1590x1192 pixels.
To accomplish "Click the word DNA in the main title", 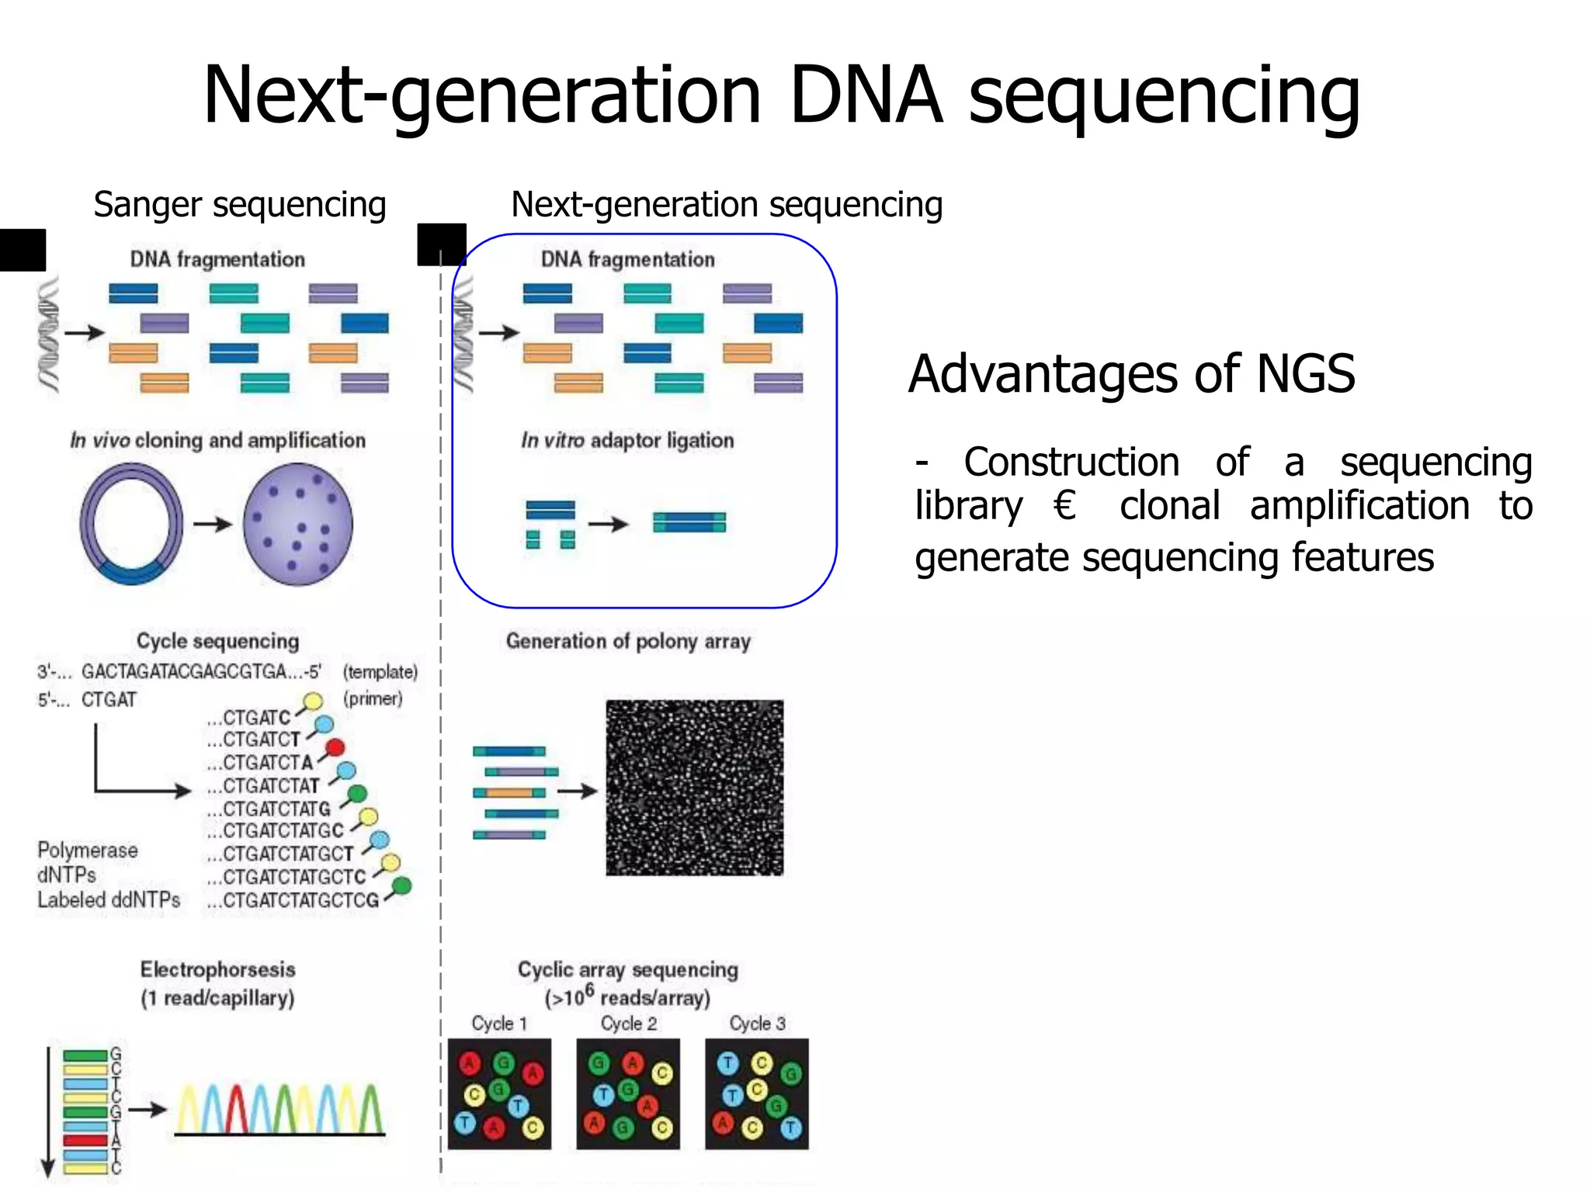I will [866, 95].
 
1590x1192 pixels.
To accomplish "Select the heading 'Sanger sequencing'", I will [239, 205].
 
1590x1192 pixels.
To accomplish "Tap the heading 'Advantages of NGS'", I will [1131, 374].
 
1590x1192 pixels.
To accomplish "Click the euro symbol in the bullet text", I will [1064, 506].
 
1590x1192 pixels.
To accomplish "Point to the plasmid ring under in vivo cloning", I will [130, 524].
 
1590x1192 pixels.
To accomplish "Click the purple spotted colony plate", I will [298, 524].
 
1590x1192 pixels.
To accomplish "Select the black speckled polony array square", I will [694, 788].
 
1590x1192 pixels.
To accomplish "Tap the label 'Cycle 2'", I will [628, 1024].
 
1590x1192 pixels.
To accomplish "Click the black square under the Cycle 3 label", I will [756, 1093].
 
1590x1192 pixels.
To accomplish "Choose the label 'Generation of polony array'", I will [628, 641].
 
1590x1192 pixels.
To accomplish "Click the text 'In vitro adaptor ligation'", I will [627, 441].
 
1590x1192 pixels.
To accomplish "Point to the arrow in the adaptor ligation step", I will [608, 525].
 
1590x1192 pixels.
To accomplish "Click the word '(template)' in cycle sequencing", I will [380, 672].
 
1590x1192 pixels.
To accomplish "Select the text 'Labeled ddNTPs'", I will [109, 900].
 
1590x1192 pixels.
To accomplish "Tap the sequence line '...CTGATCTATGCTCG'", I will [293, 900].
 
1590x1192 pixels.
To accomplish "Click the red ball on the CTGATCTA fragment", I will [335, 748].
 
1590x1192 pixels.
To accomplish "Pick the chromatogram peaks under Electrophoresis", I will [279, 1110].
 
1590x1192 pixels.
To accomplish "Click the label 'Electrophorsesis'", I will [217, 969].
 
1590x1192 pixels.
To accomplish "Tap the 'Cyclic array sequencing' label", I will [627, 969].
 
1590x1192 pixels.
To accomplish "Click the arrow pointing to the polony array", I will [577, 792].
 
